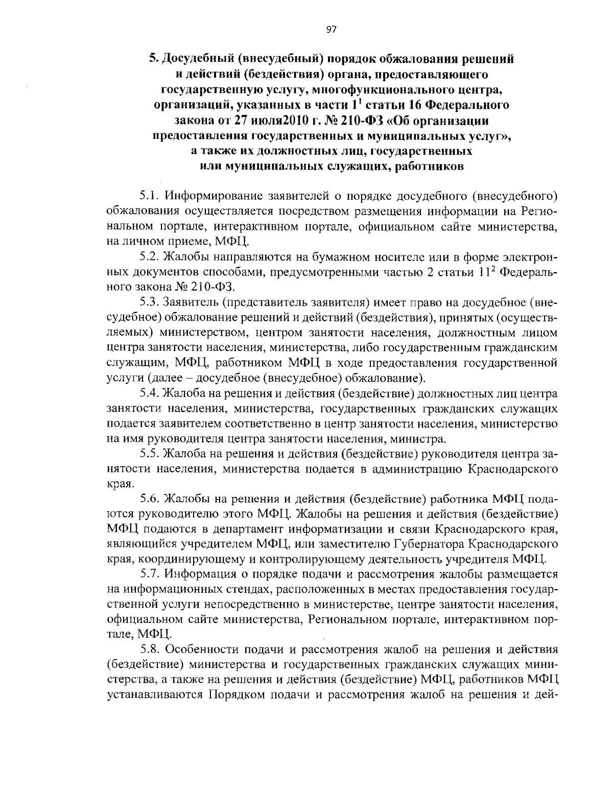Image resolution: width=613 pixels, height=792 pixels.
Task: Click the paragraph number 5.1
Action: pyautogui.click(x=149, y=196)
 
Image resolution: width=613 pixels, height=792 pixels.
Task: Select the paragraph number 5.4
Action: pyautogui.click(x=149, y=394)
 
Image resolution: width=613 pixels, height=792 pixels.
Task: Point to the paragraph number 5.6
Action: pyautogui.click(x=149, y=498)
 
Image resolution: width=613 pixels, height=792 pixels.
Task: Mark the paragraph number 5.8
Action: pyautogui.click(x=149, y=650)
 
